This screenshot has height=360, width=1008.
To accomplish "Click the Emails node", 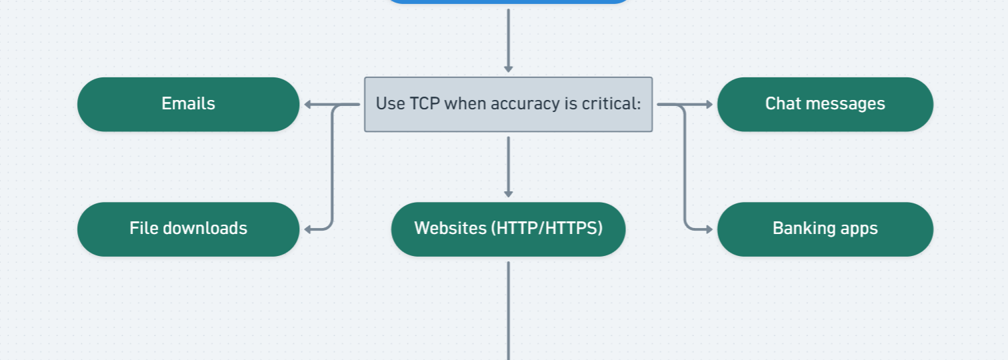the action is [188, 105].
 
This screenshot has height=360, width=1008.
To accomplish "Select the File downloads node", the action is [188, 229].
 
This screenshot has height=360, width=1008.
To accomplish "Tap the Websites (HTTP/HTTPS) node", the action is [509, 229].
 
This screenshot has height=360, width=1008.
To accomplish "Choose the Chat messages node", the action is [825, 105].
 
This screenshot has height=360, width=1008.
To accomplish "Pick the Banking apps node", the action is [825, 229].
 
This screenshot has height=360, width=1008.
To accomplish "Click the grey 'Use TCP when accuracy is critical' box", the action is [509, 105].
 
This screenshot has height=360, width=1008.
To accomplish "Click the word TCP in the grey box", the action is [425, 103].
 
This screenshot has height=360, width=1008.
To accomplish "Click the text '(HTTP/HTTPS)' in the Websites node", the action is [547, 228].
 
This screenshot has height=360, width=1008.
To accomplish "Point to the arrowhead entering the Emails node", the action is [308, 105].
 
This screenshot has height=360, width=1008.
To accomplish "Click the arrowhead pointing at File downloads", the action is [308, 229].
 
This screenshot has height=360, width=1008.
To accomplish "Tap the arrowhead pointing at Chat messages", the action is [709, 105].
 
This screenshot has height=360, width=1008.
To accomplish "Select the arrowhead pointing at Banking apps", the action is [709, 229].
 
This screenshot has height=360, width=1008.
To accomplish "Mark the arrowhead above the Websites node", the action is [509, 194].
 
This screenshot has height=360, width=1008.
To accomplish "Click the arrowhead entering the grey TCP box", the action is [509, 69].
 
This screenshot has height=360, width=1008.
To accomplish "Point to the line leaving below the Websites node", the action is [509, 311].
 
